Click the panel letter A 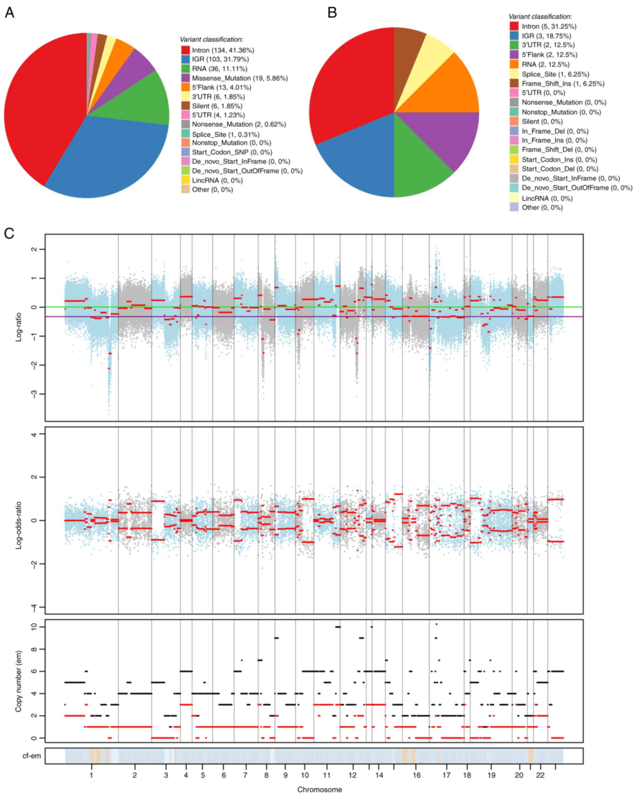9,13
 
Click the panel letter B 332,13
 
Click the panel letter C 9,233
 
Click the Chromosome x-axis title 320,789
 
